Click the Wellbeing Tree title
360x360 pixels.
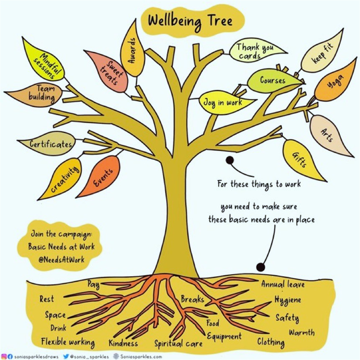190,21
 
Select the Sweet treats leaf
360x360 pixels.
107,71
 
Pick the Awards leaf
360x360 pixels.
133,49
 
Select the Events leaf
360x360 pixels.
101,177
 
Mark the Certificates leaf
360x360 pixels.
48,143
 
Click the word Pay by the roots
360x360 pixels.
93,285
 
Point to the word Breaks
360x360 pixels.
193,299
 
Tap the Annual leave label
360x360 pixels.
283,284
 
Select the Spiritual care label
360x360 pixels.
179,344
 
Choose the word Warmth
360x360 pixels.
301,332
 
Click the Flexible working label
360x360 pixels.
68,342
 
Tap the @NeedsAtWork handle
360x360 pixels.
61,260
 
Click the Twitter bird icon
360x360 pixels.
66,356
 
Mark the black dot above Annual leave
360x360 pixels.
260,267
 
